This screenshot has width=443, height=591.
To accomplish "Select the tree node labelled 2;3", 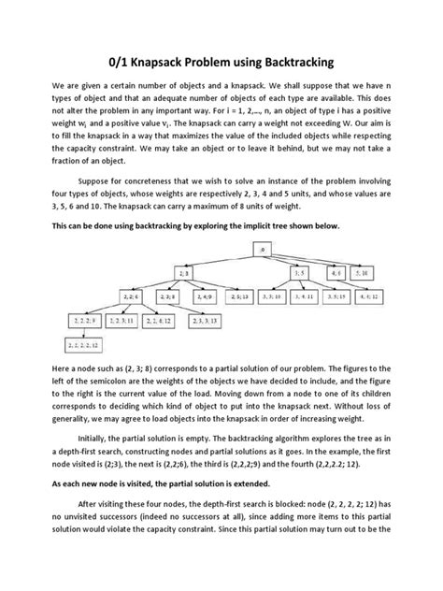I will pos(183,272).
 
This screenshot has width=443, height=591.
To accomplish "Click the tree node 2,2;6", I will pos(130,295).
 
